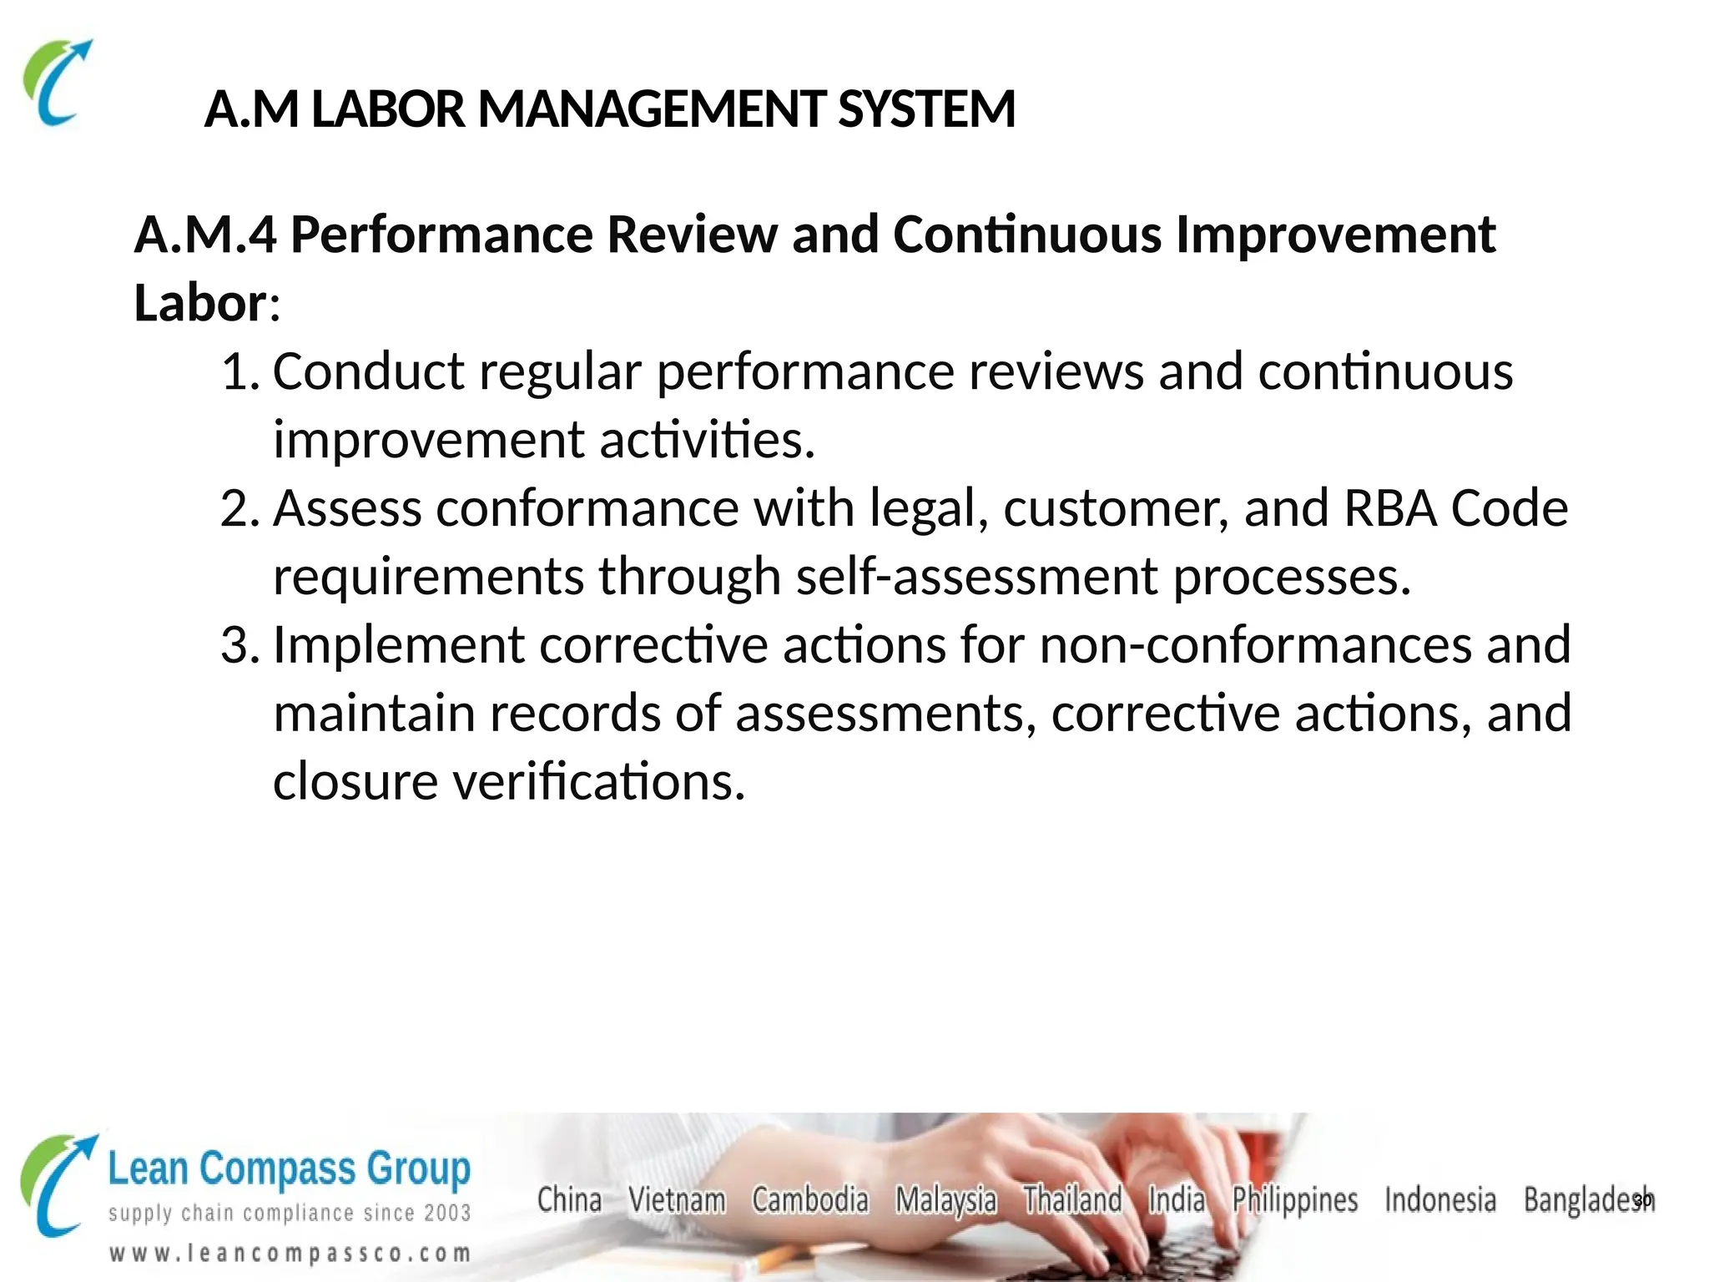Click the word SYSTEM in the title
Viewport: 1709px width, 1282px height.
point(926,109)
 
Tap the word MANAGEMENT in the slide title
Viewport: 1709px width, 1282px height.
point(652,109)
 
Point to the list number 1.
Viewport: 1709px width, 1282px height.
point(237,371)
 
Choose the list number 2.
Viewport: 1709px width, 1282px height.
point(237,508)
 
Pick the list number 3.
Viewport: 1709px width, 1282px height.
point(237,645)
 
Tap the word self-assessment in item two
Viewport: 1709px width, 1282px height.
point(976,577)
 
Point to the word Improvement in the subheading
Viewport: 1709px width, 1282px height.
point(1335,235)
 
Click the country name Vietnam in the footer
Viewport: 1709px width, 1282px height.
point(677,1200)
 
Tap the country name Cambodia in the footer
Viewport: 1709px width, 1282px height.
point(809,1200)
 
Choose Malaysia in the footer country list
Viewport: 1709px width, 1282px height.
point(945,1200)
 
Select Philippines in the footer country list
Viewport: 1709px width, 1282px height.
point(1295,1200)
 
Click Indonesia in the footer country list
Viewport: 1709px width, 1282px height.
point(1439,1200)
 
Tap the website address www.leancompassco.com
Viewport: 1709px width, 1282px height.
point(290,1254)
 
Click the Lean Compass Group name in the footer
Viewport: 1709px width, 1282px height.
point(289,1168)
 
